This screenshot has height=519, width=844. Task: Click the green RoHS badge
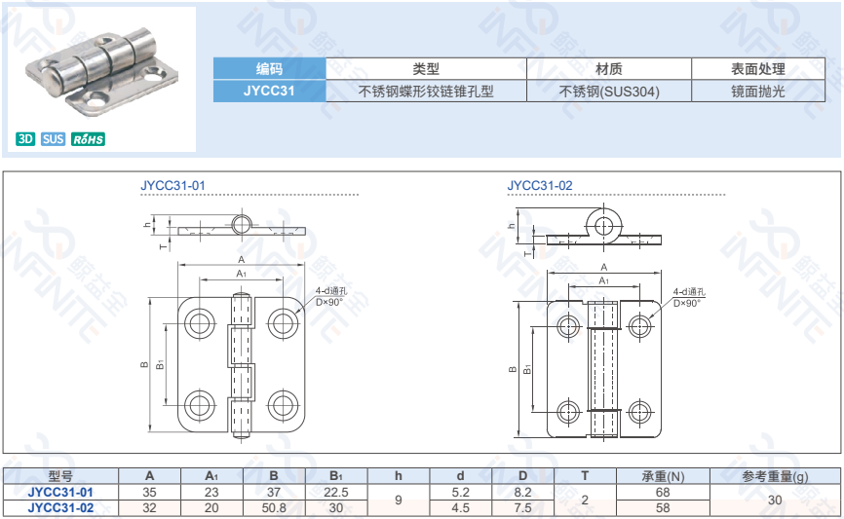click(88, 139)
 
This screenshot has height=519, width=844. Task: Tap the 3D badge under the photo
click(26, 139)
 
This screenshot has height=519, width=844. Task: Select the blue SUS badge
click(54, 139)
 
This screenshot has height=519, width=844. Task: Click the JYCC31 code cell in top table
click(269, 92)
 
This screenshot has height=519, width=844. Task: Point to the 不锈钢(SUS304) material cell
click(609, 92)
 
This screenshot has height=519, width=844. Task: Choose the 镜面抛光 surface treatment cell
click(757, 92)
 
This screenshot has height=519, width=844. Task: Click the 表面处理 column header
click(757, 69)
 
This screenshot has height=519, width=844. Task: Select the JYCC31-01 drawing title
click(173, 184)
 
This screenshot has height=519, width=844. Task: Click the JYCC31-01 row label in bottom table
click(60, 492)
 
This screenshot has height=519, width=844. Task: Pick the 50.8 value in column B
click(274, 507)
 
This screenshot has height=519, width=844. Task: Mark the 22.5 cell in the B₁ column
click(336, 492)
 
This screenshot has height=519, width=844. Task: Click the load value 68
click(663, 492)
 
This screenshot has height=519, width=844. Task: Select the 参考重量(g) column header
click(775, 476)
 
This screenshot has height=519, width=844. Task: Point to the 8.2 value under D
click(522, 492)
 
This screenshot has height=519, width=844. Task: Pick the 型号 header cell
click(60, 476)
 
